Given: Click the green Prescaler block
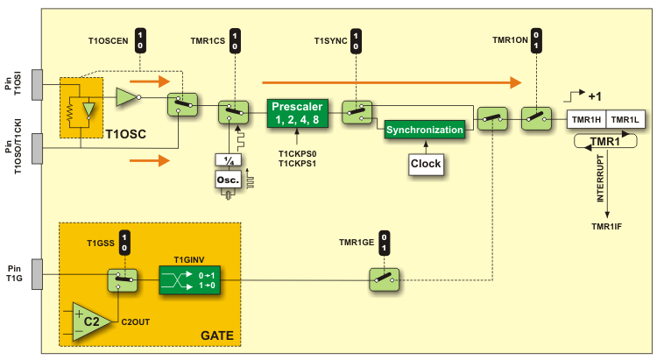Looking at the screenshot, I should click(296, 113).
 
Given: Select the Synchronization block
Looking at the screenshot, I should click(424, 130).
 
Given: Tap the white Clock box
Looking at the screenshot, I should click(425, 163).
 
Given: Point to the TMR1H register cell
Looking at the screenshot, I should click(586, 119).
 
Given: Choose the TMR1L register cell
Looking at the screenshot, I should click(625, 119).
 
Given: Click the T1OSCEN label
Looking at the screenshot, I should click(109, 42).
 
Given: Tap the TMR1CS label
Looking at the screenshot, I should click(207, 42).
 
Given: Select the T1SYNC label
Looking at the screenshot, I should click(331, 42).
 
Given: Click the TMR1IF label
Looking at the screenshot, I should click(606, 228).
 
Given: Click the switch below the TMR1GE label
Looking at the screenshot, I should click(382, 279).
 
